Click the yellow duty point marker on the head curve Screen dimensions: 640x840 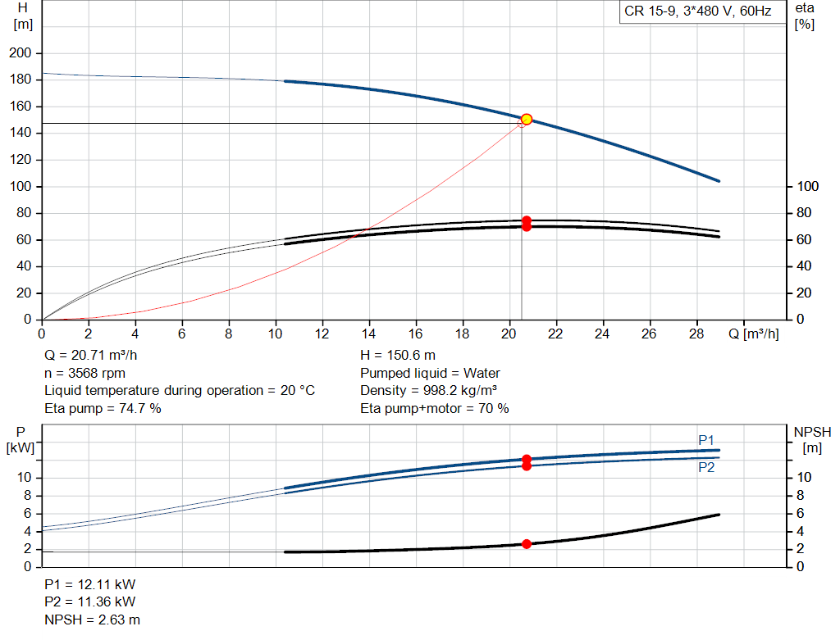(527, 119)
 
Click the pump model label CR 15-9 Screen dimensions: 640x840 (697, 12)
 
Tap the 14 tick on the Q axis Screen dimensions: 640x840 (369, 334)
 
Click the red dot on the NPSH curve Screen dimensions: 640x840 (527, 544)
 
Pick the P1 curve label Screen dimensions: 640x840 (706, 441)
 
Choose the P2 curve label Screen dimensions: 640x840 (706, 467)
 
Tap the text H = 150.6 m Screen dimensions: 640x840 (399, 356)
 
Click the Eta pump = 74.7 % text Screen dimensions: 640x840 (103, 408)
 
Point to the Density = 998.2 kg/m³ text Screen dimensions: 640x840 (429, 390)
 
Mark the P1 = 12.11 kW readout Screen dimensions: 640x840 (90, 585)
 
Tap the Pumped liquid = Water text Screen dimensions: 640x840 (430, 373)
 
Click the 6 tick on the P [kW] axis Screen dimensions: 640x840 (28, 513)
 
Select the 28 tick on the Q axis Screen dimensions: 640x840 (697, 334)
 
